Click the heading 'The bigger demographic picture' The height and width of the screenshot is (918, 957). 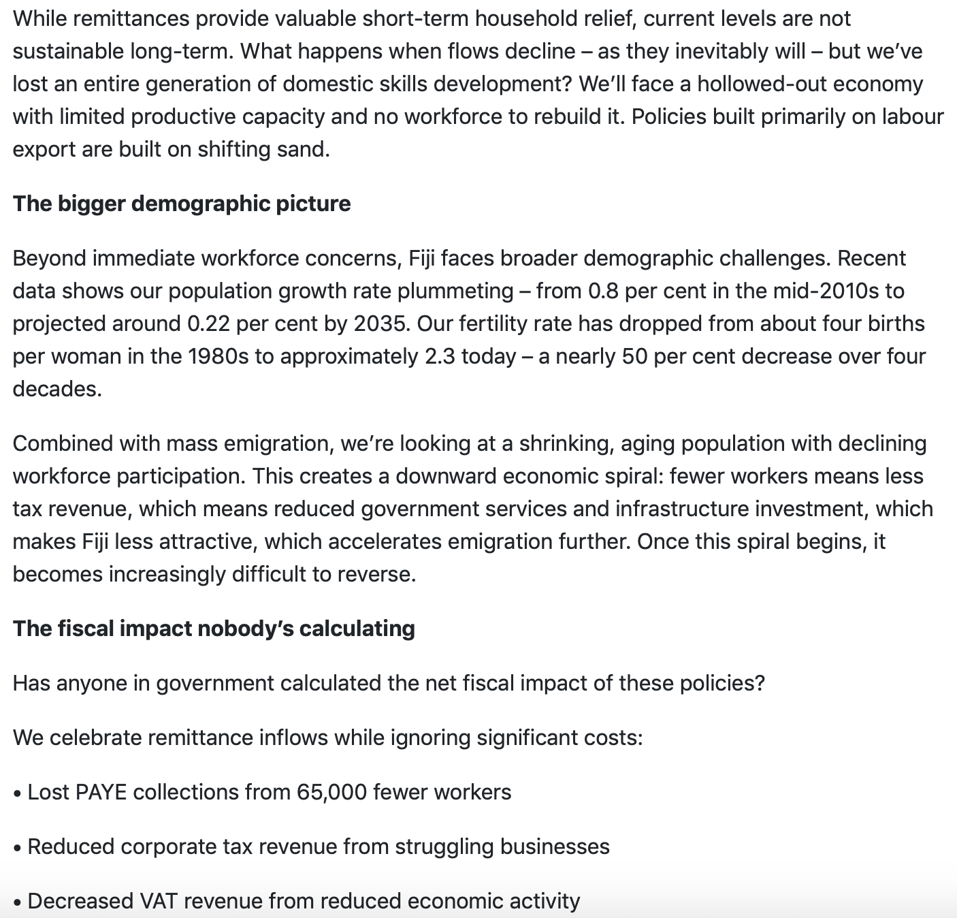(x=182, y=204)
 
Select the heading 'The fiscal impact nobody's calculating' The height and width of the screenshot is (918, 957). (x=214, y=628)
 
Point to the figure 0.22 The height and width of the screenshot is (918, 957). (x=208, y=323)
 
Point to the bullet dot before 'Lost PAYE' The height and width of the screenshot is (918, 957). (x=18, y=793)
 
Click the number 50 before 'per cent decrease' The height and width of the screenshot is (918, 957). (x=634, y=356)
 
